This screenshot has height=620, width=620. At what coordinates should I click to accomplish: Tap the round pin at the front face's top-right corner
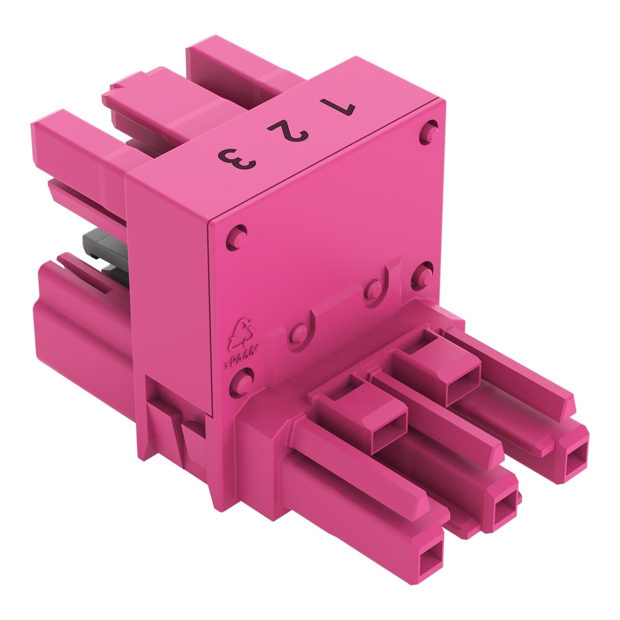(x=428, y=131)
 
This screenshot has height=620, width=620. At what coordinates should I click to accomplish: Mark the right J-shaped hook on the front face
(x=378, y=286)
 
